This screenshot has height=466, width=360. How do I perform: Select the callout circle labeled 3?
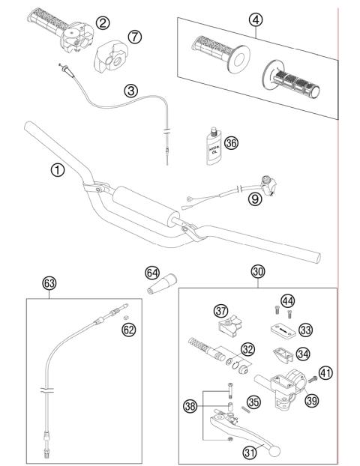tap(131, 91)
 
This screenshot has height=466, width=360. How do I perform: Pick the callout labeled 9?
tap(255, 199)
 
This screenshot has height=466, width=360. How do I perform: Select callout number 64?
tap(152, 273)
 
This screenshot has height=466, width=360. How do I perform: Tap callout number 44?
tap(287, 301)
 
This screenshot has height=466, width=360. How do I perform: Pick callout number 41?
tap(325, 372)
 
